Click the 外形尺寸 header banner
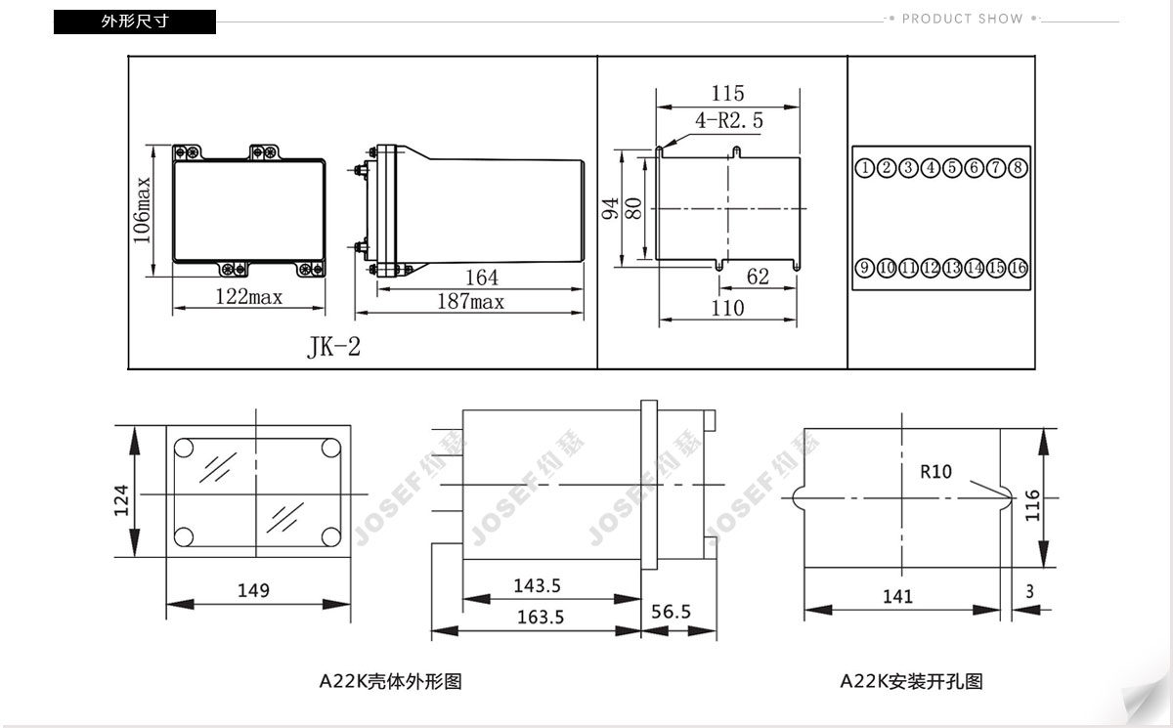[135, 21]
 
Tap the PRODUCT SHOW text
[962, 19]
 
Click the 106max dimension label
[142, 210]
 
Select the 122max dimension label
[248, 297]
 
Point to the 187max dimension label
[470, 301]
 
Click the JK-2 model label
[333, 347]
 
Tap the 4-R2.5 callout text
[729, 121]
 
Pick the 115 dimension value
[727, 93]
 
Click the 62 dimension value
[758, 277]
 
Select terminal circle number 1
[864, 168]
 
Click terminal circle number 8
[1018, 168]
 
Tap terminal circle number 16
[1018, 268]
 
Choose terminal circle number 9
[864, 268]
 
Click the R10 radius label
[935, 472]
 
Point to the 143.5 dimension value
[537, 585]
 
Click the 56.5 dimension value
[671, 612]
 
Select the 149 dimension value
[253, 591]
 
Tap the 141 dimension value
[897, 597]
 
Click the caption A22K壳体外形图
[391, 682]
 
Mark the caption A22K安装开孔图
[912, 682]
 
